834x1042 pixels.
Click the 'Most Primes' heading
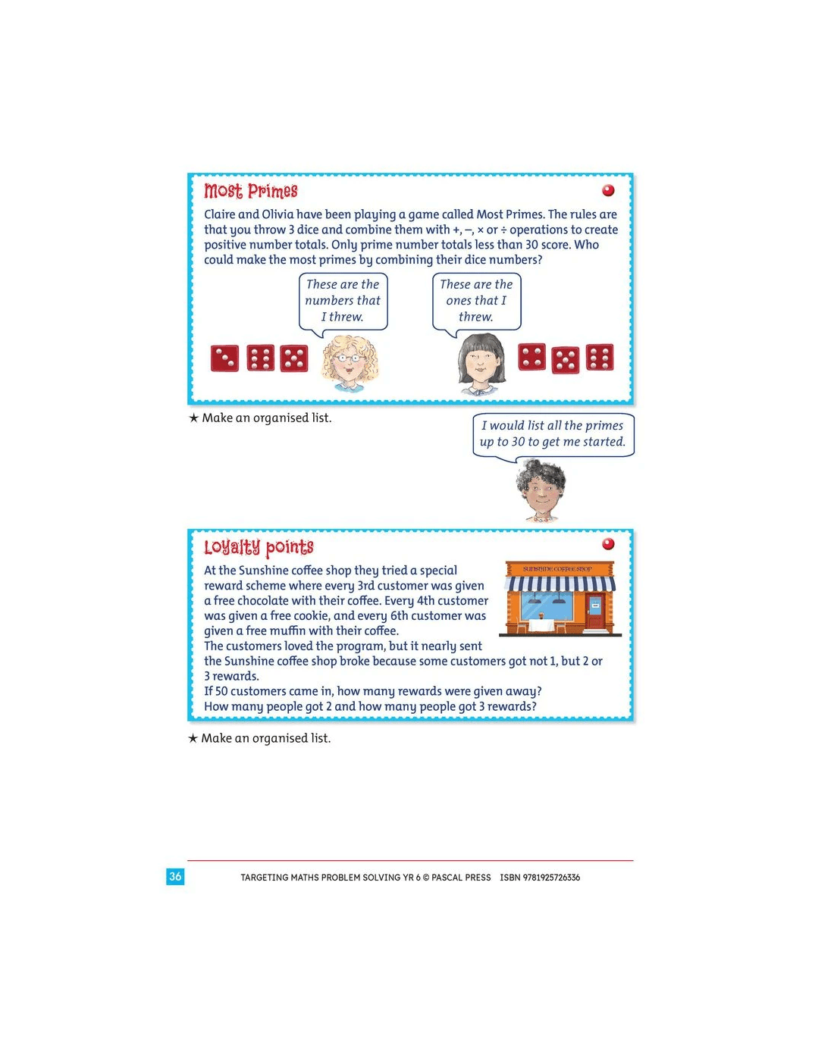[251, 191]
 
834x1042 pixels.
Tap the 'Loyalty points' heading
[259, 547]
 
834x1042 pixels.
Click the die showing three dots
[224, 358]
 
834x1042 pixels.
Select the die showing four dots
[531, 357]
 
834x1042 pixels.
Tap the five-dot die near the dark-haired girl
[565, 360]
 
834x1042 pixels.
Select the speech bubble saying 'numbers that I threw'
[343, 301]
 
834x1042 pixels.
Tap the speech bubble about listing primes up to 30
[553, 434]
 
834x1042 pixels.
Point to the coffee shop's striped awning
[560, 584]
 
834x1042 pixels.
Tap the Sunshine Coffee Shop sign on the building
[557, 568]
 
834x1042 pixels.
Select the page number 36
[175, 877]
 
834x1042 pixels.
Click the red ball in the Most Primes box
[608, 190]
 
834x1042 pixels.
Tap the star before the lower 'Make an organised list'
[193, 739]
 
